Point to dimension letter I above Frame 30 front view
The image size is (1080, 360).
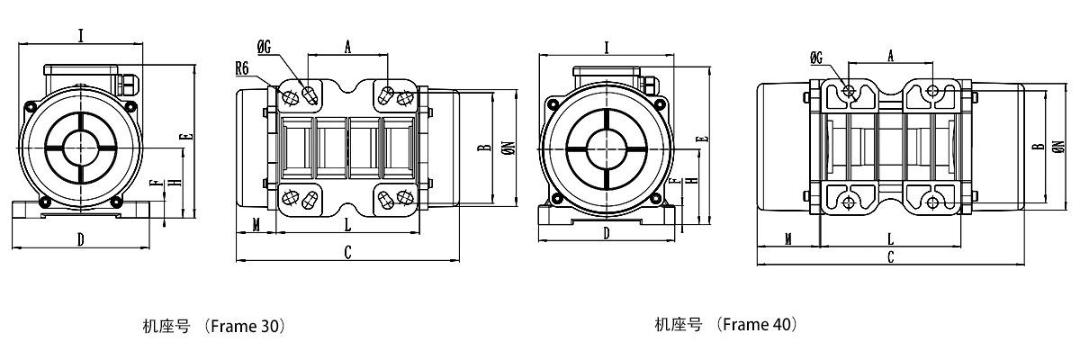[81, 36]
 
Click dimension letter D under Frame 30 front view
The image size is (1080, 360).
[80, 239]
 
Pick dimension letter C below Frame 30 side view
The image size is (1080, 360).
[347, 254]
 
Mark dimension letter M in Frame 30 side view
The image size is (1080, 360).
[256, 224]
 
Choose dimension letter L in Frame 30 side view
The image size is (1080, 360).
[347, 224]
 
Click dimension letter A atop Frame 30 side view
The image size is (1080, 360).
[347, 48]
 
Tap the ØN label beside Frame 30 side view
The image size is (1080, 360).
[508, 149]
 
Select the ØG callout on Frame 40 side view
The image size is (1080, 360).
[816, 58]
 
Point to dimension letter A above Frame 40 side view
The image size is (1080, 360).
[891, 57]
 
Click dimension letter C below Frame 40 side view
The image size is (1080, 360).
[890, 257]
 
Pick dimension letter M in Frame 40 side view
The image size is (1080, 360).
[787, 238]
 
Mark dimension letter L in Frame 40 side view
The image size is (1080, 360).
[890, 238]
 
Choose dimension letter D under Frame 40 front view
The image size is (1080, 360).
[607, 233]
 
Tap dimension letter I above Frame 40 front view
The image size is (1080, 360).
[607, 48]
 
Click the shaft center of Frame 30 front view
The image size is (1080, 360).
[81, 147]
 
